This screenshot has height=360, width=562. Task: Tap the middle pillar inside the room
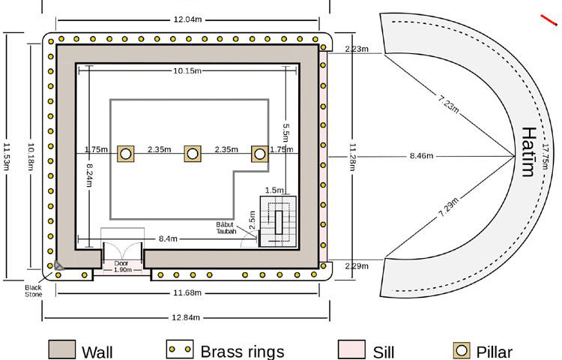click(x=193, y=154)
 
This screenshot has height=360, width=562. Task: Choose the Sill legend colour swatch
click(x=351, y=350)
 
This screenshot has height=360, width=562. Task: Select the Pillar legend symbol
click(x=462, y=350)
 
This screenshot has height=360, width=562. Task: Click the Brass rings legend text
click(x=241, y=350)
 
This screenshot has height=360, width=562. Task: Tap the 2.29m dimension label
click(x=356, y=266)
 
